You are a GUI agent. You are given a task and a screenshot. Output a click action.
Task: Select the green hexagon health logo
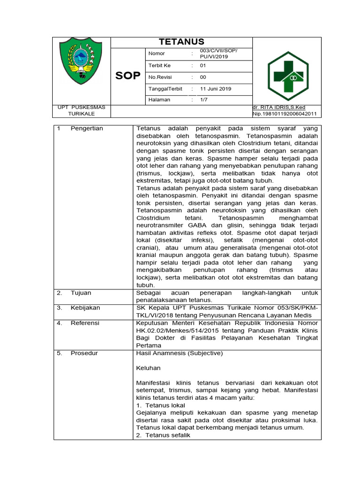(x=285, y=73)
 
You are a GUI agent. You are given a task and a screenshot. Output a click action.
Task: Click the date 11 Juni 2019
(x=216, y=88)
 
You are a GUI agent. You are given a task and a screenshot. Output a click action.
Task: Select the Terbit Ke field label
(x=159, y=65)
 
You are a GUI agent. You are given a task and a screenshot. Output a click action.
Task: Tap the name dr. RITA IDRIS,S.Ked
(x=279, y=107)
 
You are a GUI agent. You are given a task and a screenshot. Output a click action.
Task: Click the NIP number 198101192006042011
(x=284, y=114)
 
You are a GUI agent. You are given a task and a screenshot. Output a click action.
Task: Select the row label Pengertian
(x=87, y=128)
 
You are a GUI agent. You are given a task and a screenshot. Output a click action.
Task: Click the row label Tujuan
(x=81, y=293)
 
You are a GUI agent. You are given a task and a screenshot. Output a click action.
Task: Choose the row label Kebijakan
(x=85, y=308)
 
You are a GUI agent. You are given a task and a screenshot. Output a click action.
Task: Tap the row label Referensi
(x=85, y=323)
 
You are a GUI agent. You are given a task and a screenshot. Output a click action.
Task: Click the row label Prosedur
(x=84, y=353)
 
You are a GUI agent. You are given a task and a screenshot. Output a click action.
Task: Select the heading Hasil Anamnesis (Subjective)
(x=179, y=353)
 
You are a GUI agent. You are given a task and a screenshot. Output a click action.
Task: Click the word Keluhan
(x=148, y=368)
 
